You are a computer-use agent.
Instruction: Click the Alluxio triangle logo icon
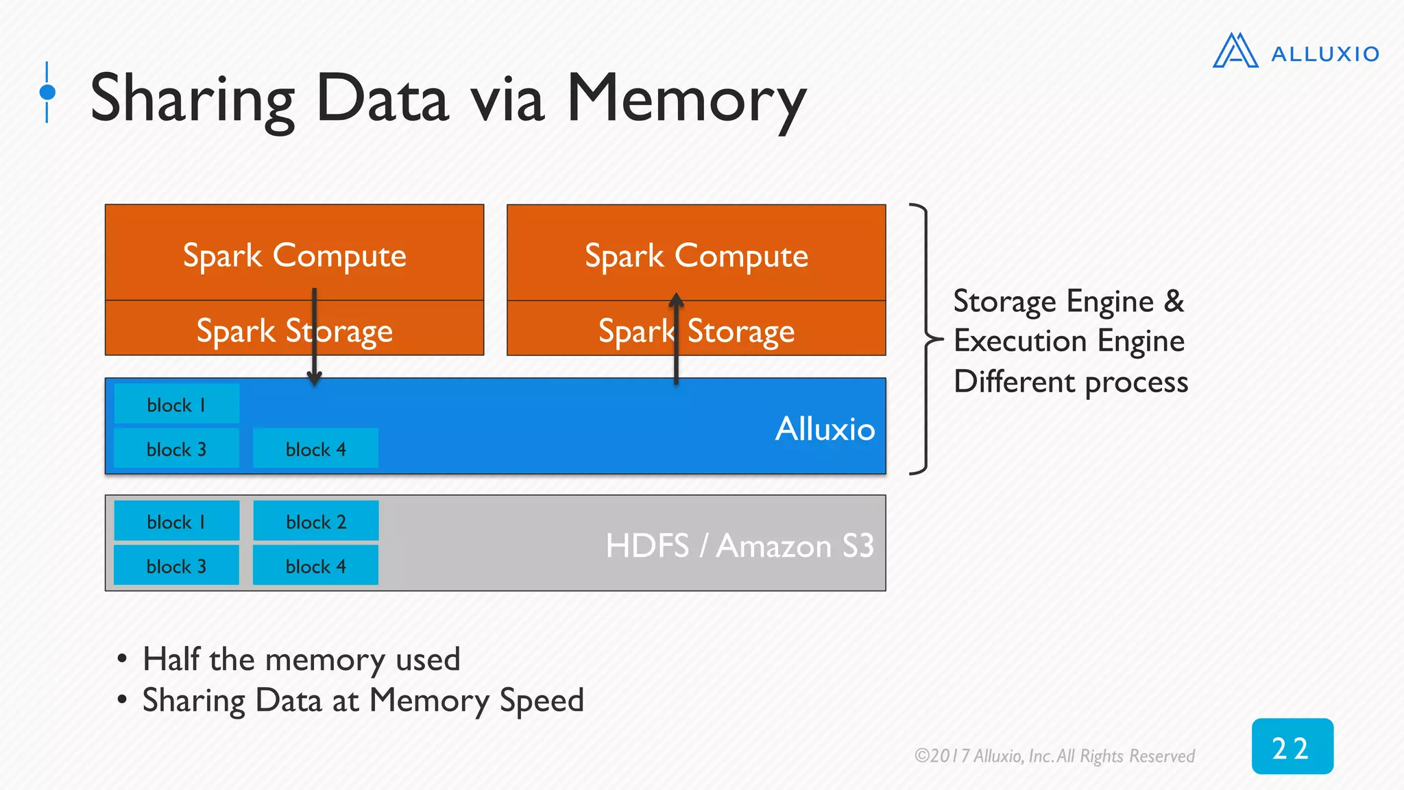point(1235,51)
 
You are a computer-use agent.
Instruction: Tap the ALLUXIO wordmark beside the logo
point(1324,54)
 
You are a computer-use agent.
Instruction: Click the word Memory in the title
point(686,99)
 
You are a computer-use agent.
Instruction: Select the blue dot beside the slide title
point(47,92)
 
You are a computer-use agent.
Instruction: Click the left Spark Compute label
point(294,256)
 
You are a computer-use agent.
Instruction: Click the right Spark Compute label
point(696,256)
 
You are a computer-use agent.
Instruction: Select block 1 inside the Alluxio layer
point(176,405)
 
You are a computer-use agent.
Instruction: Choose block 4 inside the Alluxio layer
point(315,449)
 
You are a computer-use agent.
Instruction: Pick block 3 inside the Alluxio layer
point(176,449)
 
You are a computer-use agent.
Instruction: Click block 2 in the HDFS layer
point(315,522)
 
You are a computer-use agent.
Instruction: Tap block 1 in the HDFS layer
point(176,522)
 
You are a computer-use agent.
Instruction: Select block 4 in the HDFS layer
point(315,566)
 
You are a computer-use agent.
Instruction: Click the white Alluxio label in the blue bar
point(825,429)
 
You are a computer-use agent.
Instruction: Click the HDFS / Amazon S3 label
point(739,547)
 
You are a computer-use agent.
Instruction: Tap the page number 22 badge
point(1292,747)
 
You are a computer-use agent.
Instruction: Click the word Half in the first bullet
point(171,659)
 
